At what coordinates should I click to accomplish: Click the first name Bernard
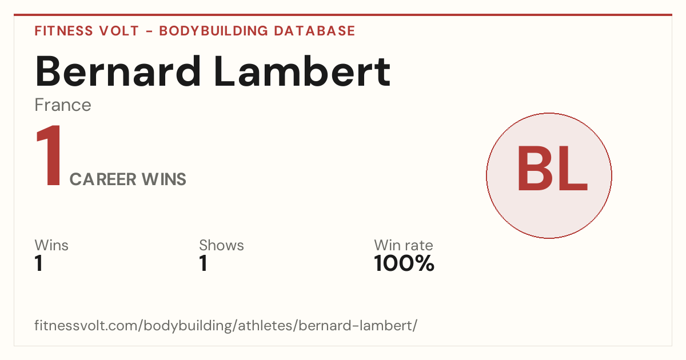[118, 71]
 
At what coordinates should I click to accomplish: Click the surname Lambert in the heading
[302, 71]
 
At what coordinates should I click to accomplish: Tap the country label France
[63, 105]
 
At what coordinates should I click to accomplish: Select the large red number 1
[49, 155]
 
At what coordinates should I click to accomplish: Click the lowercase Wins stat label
[51, 245]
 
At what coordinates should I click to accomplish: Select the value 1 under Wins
[39, 263]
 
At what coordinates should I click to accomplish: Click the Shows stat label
[221, 245]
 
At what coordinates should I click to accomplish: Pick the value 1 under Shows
[204, 263]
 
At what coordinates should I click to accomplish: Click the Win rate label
[404, 245]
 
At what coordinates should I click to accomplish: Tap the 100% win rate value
[404, 263]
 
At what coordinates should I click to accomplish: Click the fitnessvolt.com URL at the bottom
[226, 325]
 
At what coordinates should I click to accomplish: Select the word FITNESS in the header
[63, 31]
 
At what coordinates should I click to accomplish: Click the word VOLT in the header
[119, 31]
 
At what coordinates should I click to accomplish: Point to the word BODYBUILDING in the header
[213, 31]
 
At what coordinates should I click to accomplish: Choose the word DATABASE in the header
[314, 31]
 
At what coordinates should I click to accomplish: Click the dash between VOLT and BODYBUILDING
[149, 31]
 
